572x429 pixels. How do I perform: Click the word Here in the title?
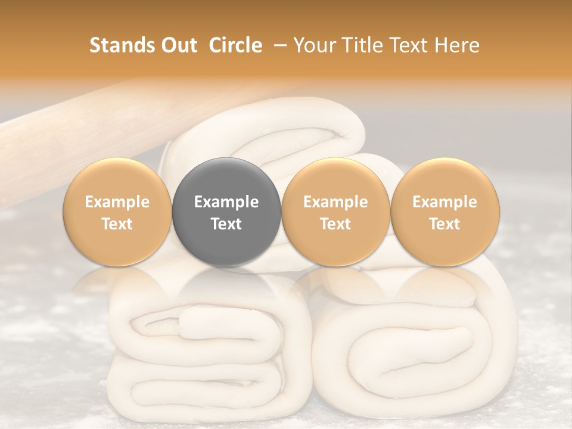[x=456, y=45]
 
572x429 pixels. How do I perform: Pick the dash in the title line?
[x=278, y=45]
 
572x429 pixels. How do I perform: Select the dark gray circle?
[x=226, y=212]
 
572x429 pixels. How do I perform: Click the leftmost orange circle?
[x=117, y=212]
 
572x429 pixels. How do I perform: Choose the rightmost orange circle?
[x=444, y=212]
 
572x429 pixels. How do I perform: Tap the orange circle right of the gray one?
[x=335, y=212]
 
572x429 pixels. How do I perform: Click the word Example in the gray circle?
[x=226, y=202]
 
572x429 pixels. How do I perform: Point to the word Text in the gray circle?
[x=226, y=224]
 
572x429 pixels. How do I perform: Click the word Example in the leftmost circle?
[x=117, y=202]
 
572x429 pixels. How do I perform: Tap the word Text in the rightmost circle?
[x=444, y=224]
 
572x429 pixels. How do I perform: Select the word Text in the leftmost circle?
[x=117, y=224]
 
